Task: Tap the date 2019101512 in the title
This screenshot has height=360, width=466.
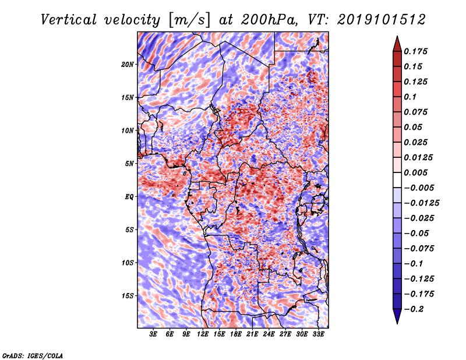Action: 380,19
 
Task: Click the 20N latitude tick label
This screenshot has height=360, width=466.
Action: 128,65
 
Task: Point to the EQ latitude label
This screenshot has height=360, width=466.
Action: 130,197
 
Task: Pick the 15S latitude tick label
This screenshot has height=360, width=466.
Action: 128,296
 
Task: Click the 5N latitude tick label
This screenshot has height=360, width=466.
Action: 130,164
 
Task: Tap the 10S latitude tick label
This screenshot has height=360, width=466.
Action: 128,263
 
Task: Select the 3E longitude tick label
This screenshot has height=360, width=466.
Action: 154,335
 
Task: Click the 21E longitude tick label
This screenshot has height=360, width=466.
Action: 253,335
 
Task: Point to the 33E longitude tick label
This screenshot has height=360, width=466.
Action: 319,335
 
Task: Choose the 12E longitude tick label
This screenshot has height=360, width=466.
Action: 203,335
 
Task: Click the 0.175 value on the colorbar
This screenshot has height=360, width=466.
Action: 417,52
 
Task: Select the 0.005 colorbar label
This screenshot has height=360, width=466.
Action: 417,173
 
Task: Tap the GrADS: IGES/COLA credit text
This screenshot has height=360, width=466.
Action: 33,355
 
